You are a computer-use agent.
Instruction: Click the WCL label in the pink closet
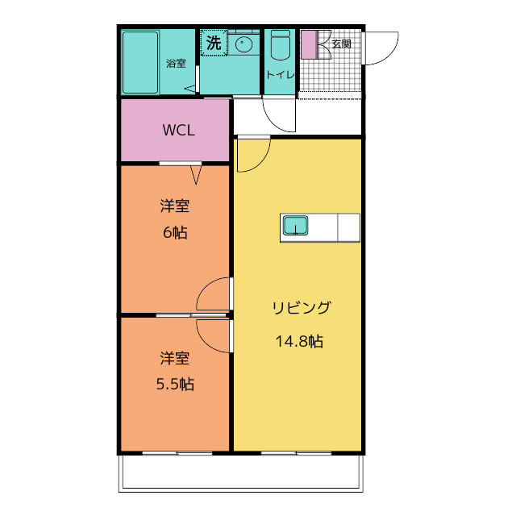tap(179, 131)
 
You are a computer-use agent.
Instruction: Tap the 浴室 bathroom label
tap(176, 63)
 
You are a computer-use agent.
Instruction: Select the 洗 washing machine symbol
tap(214, 43)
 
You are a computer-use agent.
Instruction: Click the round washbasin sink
tap(243, 44)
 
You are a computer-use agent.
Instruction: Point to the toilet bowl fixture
tap(281, 45)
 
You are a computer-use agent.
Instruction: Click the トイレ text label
tap(280, 75)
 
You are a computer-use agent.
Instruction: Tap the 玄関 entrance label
tap(341, 44)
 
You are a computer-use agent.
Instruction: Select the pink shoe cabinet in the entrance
tap(310, 45)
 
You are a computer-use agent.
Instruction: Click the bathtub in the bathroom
tap(140, 63)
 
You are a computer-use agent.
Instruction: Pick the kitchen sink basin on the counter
tap(296, 226)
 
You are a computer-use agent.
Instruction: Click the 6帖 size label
tap(175, 233)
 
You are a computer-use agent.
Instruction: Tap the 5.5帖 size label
tap(175, 384)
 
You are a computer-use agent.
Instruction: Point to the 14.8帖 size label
tap(299, 341)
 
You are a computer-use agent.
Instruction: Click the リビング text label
tap(301, 308)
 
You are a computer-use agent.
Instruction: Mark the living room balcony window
tap(296, 453)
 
